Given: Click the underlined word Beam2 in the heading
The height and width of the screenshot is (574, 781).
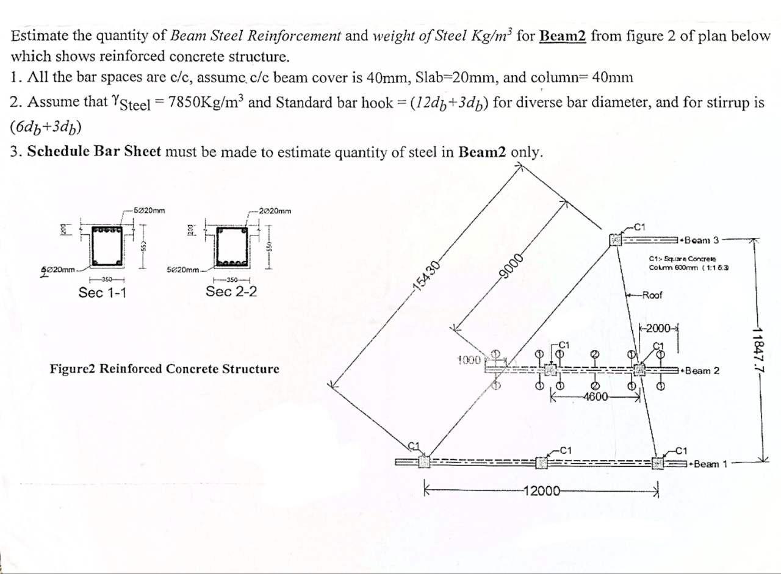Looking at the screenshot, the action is pyautogui.click(x=563, y=35).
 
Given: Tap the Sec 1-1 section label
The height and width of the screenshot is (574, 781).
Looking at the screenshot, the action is pyautogui.click(x=103, y=293).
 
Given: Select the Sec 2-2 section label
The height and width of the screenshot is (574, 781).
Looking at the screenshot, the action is pyautogui.click(x=231, y=291).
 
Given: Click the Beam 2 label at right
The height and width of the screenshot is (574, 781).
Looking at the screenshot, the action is pyautogui.click(x=702, y=371).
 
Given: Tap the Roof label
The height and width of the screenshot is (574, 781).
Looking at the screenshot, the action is pyautogui.click(x=653, y=296).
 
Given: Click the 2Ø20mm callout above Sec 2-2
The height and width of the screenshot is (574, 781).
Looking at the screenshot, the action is pyautogui.click(x=275, y=211).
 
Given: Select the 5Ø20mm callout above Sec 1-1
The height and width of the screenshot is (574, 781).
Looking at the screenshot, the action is pyautogui.click(x=148, y=211).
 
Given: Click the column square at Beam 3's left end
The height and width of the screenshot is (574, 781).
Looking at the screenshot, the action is pyautogui.click(x=616, y=240).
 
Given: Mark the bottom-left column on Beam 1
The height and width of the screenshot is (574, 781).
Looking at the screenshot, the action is pyautogui.click(x=423, y=462).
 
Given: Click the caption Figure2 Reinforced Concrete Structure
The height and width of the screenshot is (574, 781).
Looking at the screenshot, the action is pyautogui.click(x=165, y=369).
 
